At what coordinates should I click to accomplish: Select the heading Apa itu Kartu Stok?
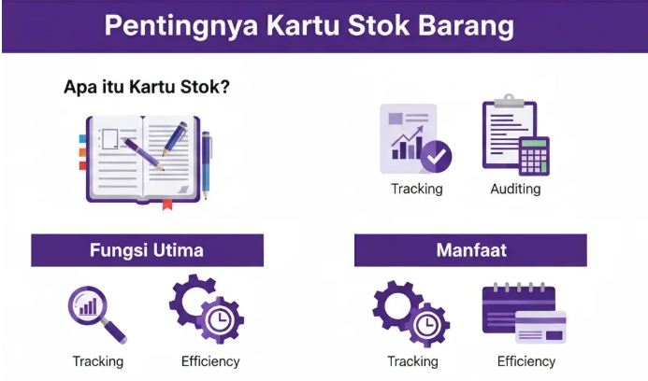[x=147, y=88]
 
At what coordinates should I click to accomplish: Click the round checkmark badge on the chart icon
[x=436, y=157]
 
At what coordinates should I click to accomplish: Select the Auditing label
[x=515, y=190]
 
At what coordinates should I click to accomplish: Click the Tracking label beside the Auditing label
[x=417, y=190]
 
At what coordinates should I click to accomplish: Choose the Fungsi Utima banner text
[x=147, y=250]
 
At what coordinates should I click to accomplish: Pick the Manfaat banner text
[x=470, y=250]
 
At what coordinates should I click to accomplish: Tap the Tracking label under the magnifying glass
[x=98, y=360]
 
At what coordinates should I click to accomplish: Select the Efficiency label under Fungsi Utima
[x=210, y=360]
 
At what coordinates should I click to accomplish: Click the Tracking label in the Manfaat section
[x=413, y=360]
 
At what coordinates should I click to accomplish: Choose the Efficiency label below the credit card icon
[x=526, y=360]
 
